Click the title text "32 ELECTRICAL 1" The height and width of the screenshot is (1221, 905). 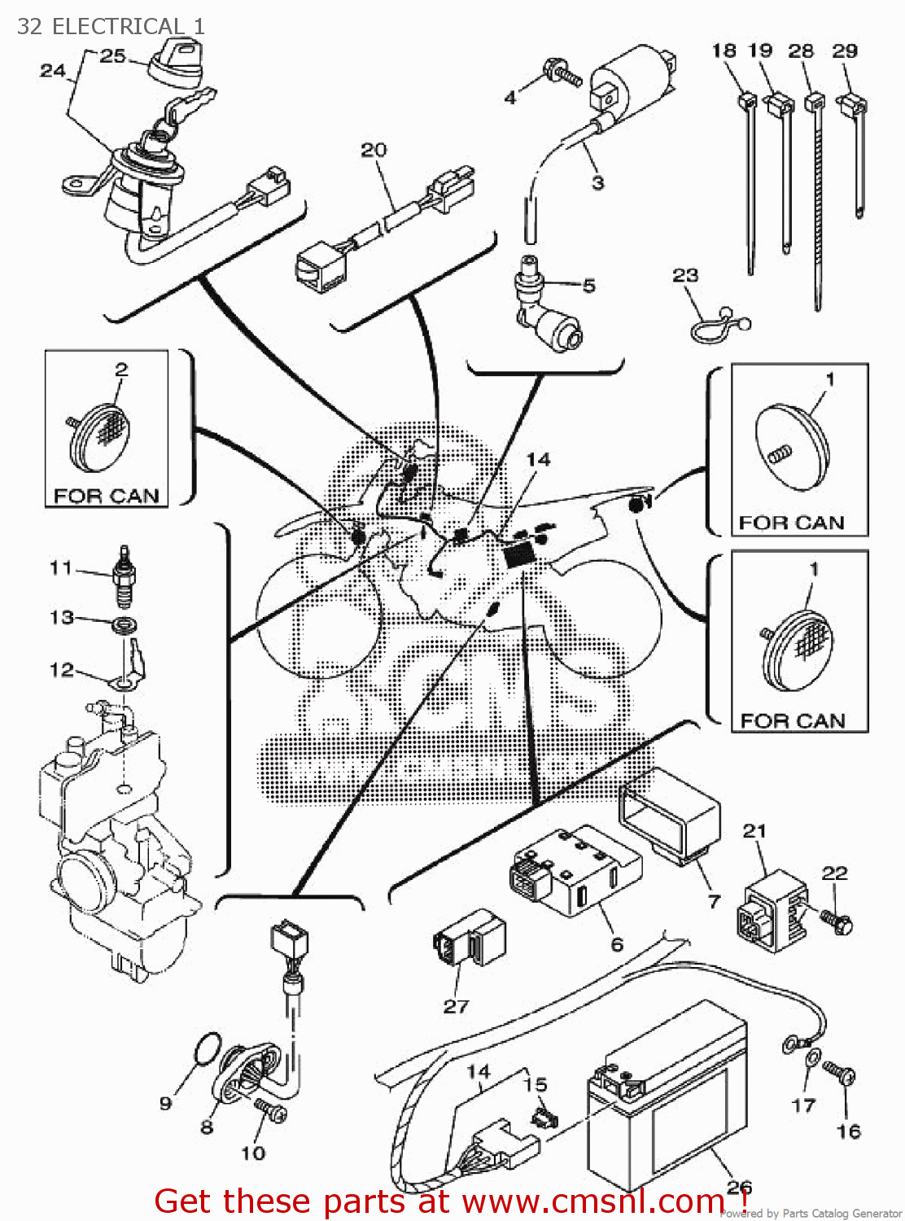(x=111, y=26)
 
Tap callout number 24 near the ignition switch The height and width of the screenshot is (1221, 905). (x=52, y=71)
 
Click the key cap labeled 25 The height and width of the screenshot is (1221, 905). (x=175, y=63)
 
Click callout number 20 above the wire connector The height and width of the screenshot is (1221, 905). (x=374, y=150)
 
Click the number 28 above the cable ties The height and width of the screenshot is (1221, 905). (x=801, y=50)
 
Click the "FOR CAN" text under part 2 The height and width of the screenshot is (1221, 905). (x=106, y=496)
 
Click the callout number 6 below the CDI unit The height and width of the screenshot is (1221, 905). (x=617, y=944)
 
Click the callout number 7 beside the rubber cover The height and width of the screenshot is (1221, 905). (x=714, y=901)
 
